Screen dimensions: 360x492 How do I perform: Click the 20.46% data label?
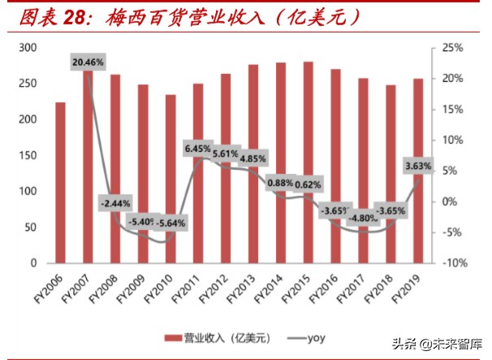[x=88, y=62]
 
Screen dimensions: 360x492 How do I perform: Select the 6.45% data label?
[x=199, y=149]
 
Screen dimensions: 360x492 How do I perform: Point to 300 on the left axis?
[x=28, y=49]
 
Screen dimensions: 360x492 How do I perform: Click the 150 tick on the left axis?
[x=28, y=156]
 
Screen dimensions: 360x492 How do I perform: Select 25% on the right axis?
[x=452, y=49]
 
